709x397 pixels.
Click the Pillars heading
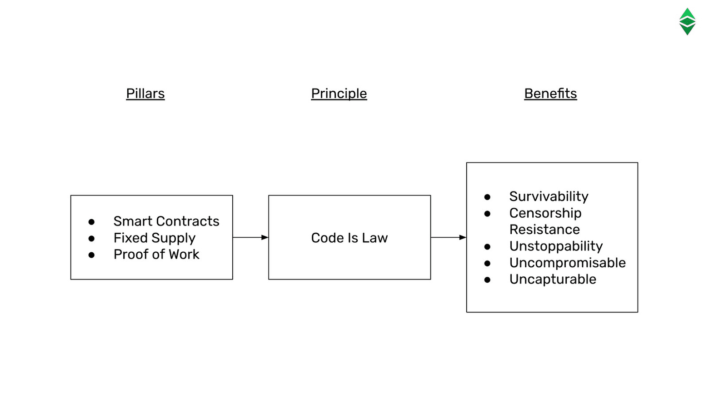pyautogui.click(x=145, y=93)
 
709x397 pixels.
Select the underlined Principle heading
pyautogui.click(x=339, y=93)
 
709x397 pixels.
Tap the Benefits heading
pyautogui.click(x=550, y=93)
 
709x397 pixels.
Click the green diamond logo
pyautogui.click(x=687, y=21)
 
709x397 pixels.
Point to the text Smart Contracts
pyautogui.click(x=166, y=221)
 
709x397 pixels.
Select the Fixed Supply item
pyautogui.click(x=154, y=238)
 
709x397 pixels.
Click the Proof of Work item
pyautogui.click(x=156, y=255)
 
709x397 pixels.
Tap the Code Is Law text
pyautogui.click(x=349, y=238)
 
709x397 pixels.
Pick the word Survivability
pyautogui.click(x=549, y=196)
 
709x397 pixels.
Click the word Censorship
pyautogui.click(x=545, y=213)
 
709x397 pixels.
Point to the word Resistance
pyautogui.click(x=544, y=230)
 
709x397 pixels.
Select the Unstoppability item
pyautogui.click(x=555, y=246)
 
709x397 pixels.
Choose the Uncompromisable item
pyautogui.click(x=567, y=263)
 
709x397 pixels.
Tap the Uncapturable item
pyautogui.click(x=552, y=279)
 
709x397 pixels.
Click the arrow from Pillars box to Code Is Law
pyautogui.click(x=250, y=237)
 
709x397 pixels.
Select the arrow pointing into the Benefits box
pyautogui.click(x=448, y=237)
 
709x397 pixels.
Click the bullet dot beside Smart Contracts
pyautogui.click(x=91, y=222)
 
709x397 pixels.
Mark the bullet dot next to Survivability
pyautogui.click(x=487, y=197)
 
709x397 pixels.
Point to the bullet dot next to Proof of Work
pyautogui.click(x=91, y=255)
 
